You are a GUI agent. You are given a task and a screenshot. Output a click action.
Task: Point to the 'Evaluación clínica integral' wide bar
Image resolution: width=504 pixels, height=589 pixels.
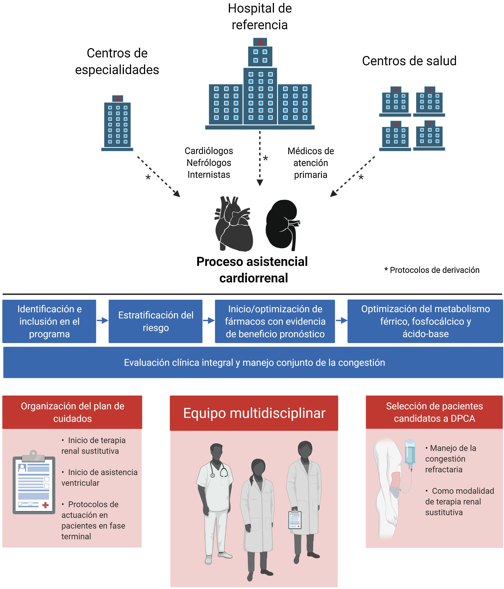pos(253,363)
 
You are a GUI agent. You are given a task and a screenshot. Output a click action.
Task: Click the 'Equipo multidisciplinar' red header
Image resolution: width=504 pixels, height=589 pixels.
pos(254,413)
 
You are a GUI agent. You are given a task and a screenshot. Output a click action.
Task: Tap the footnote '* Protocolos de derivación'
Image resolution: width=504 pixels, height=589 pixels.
pos(432,270)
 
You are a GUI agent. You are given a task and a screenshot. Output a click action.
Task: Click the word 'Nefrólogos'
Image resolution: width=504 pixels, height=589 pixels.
pos(209,163)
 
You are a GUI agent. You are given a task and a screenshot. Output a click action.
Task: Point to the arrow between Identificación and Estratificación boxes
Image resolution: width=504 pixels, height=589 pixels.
pos(102,321)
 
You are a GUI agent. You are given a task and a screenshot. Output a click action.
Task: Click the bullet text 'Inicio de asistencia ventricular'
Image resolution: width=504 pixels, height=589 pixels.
pos(99,478)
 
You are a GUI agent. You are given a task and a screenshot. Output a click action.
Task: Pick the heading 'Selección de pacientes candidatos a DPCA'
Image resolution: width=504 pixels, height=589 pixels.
pos(434,412)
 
